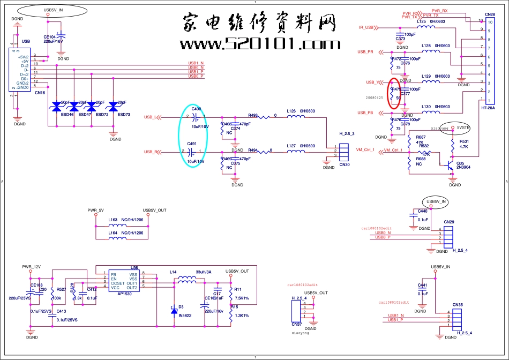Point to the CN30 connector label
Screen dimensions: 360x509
click(344, 165)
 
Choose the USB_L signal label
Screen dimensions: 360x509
click(152, 117)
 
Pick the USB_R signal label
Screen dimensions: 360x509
click(152, 152)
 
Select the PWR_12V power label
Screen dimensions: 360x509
click(31, 266)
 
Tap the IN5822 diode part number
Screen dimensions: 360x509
click(185, 316)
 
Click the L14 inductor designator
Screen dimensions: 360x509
click(173, 273)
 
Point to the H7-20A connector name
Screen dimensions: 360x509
click(488, 108)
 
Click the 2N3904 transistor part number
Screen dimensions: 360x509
click(464, 168)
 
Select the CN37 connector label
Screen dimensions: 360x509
click(296, 324)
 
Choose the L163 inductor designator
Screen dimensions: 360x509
click(113, 220)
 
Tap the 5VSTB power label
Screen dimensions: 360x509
click(463, 128)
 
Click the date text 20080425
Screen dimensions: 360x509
click(375, 98)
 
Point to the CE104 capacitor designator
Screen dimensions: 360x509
click(50, 36)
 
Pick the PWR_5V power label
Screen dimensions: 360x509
click(95, 210)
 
